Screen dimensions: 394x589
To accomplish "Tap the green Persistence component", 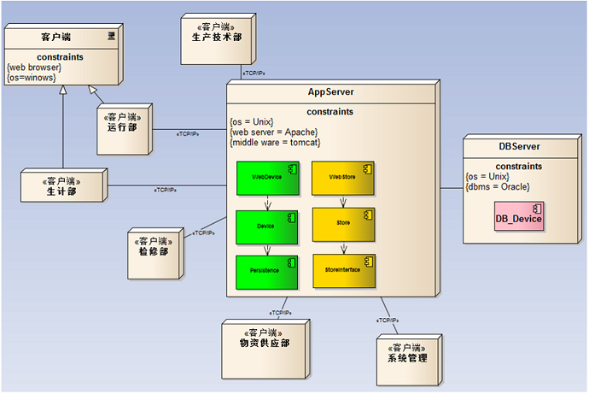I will [266, 269].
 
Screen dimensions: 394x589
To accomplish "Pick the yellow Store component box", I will [343, 225].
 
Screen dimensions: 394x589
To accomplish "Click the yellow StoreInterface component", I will [343, 269].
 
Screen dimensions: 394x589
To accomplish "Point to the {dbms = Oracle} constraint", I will [499, 186].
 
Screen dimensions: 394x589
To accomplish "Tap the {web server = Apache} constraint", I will [274, 132].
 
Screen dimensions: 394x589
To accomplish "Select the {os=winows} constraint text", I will [31, 78].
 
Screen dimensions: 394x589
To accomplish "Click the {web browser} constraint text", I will [33, 67].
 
